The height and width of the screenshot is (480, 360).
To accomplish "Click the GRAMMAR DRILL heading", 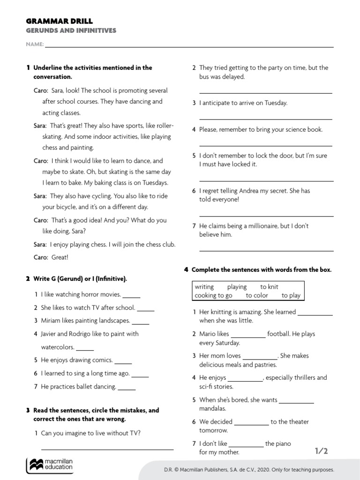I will pyautogui.click(x=59, y=21).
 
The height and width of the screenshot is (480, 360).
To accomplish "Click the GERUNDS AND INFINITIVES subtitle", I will pyautogui.click(x=70, y=31).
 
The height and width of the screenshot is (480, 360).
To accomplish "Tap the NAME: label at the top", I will pyautogui.click(x=35, y=45).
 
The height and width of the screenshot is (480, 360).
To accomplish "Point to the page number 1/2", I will pyautogui.click(x=321, y=451).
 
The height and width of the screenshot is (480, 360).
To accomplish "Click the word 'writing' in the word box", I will pyautogui.click(x=204, y=287).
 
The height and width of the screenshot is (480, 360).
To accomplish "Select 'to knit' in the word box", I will pyautogui.click(x=269, y=287).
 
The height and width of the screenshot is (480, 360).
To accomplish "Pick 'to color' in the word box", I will pyautogui.click(x=257, y=296).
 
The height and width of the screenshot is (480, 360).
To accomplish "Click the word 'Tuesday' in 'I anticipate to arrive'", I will pyautogui.click(x=276, y=103).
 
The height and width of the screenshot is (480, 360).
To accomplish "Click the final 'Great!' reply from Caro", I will pyautogui.click(x=60, y=257).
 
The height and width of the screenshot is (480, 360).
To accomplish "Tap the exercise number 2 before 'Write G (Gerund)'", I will pyautogui.click(x=28, y=279).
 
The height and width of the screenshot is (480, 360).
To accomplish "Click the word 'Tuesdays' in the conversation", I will pyautogui.click(x=154, y=183).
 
